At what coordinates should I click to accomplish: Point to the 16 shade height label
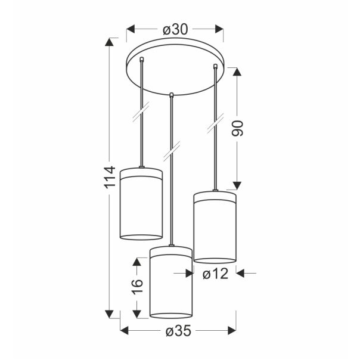pyautogui.click(x=138, y=287)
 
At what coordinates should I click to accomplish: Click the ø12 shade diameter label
pyautogui.click(x=215, y=274)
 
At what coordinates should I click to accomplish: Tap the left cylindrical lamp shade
pyautogui.click(x=141, y=203)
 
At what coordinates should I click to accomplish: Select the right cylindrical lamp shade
pyautogui.click(x=215, y=226)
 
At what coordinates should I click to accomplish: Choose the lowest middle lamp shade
pyautogui.click(x=171, y=281)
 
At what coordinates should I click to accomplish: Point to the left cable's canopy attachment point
pyautogui.click(x=141, y=60)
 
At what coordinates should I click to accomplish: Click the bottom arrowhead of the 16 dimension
pyautogui.click(x=138, y=314)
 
